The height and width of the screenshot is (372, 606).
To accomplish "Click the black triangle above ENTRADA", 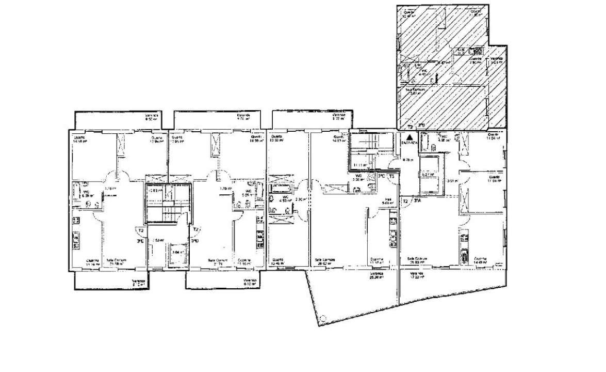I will click(410, 137).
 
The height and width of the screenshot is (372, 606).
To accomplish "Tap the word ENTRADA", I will click(410, 143).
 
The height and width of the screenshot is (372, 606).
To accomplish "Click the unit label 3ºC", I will click(382, 176).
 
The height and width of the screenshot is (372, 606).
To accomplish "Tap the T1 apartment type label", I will click(392, 176).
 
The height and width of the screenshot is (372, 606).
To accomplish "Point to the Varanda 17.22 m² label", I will click(417, 276).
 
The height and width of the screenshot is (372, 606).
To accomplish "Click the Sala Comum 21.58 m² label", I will click(117, 262).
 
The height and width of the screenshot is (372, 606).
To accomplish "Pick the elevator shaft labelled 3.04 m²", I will click(176, 252).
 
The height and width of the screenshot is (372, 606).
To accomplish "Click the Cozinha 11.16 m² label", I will click(78, 262).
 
